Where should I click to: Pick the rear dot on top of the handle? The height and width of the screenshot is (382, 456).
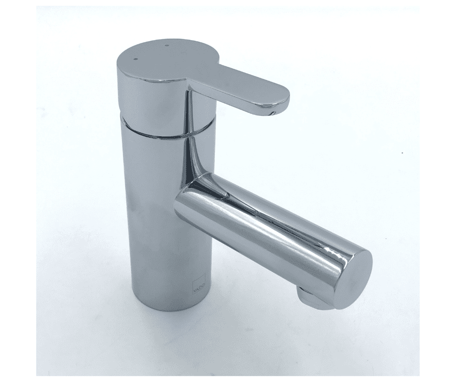[166, 46]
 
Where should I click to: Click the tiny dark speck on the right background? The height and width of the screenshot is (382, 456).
[402, 154]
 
